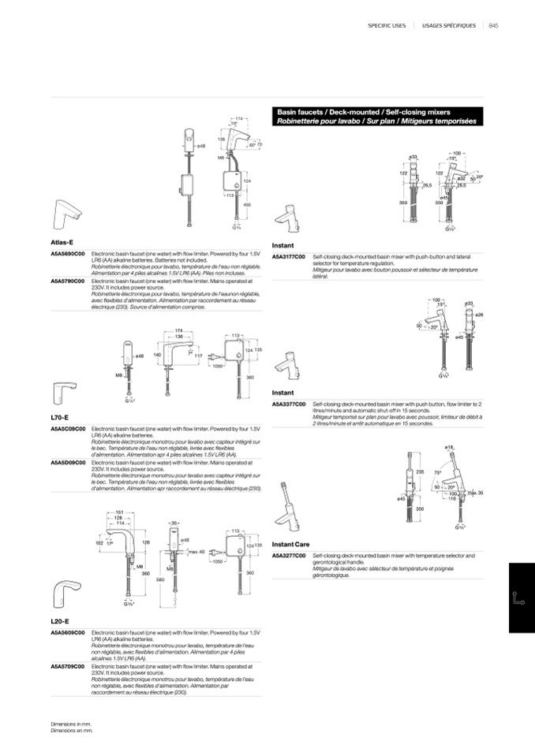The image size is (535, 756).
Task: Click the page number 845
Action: pyautogui.click(x=494, y=25)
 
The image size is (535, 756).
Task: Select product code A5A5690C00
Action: pyautogui.click(x=68, y=254)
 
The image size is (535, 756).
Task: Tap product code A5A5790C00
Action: pyautogui.click(x=68, y=281)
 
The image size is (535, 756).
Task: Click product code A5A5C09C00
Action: pyautogui.click(x=68, y=429)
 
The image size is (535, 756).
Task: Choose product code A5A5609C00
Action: pyautogui.click(x=68, y=633)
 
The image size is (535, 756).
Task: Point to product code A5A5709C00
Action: pyautogui.click(x=68, y=667)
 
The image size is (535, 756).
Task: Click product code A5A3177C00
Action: pyautogui.click(x=289, y=257)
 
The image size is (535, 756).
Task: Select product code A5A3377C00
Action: pyautogui.click(x=289, y=403)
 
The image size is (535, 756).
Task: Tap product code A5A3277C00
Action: pyautogui.click(x=289, y=556)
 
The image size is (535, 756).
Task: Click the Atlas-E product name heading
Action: pyautogui.click(x=62, y=242)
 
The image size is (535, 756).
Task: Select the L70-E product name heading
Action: pyautogui.click(x=59, y=417)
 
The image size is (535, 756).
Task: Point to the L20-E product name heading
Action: pyautogui.click(x=59, y=621)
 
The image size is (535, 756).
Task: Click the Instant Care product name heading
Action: pyautogui.click(x=290, y=545)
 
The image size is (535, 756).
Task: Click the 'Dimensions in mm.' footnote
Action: pyautogui.click(x=71, y=724)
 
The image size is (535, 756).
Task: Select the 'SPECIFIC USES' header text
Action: pyautogui.click(x=387, y=25)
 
